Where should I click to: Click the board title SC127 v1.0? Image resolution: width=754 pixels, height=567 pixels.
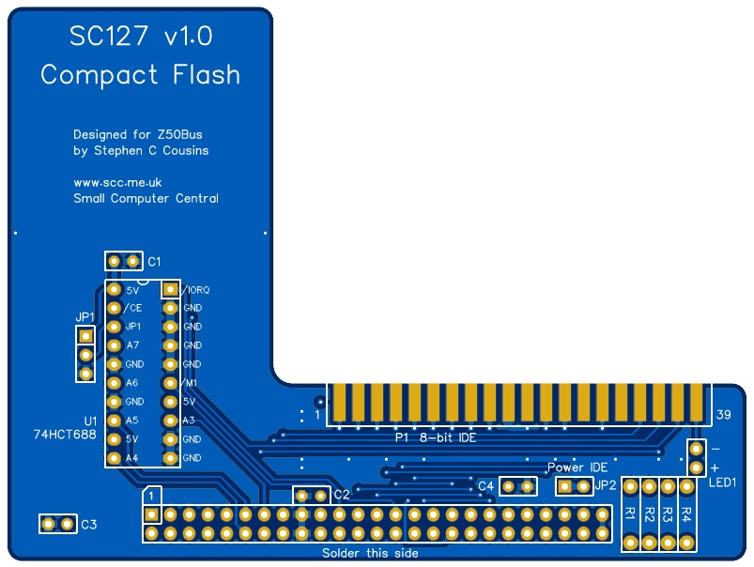point(141,37)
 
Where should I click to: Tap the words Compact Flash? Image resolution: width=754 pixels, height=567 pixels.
point(141,75)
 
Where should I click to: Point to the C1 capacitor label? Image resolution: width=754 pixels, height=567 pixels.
point(155,261)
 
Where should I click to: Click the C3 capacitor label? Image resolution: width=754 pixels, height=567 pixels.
point(88,525)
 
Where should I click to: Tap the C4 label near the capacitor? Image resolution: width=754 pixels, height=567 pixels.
point(485,486)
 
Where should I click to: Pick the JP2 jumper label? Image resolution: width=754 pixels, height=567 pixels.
point(606,486)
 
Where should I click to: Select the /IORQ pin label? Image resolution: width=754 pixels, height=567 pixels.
point(196,290)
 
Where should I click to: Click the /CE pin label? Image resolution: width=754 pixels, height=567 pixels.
point(132,308)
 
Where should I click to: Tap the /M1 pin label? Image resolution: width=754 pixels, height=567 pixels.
point(189,383)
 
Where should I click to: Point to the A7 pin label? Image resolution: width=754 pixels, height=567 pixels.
point(132,345)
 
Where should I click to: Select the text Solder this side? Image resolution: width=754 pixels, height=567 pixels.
point(370,554)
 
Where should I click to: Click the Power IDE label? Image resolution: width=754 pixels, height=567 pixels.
point(577,467)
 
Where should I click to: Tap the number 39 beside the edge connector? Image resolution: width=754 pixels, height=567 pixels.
point(723,415)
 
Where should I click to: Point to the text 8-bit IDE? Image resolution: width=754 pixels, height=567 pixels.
point(448,437)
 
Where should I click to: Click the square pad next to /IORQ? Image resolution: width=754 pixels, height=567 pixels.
point(170,289)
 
